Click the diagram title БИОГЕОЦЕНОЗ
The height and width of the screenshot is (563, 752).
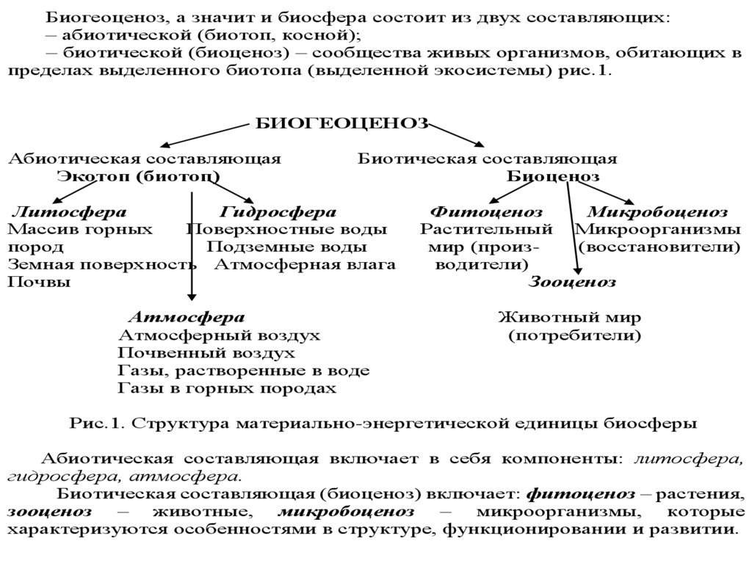[x=341, y=124]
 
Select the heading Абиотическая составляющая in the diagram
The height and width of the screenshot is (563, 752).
[x=144, y=159]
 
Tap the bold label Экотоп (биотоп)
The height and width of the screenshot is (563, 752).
[x=137, y=177]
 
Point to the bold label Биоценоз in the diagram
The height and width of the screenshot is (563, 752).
[x=552, y=177]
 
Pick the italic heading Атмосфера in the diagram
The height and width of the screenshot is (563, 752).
[x=187, y=318]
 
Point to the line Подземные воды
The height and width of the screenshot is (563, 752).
[x=286, y=247]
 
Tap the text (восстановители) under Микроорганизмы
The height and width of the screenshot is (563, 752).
[x=659, y=247]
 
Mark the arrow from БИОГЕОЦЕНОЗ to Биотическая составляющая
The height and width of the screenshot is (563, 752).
[x=459, y=135]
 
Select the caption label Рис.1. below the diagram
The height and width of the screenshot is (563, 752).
[x=93, y=424]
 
